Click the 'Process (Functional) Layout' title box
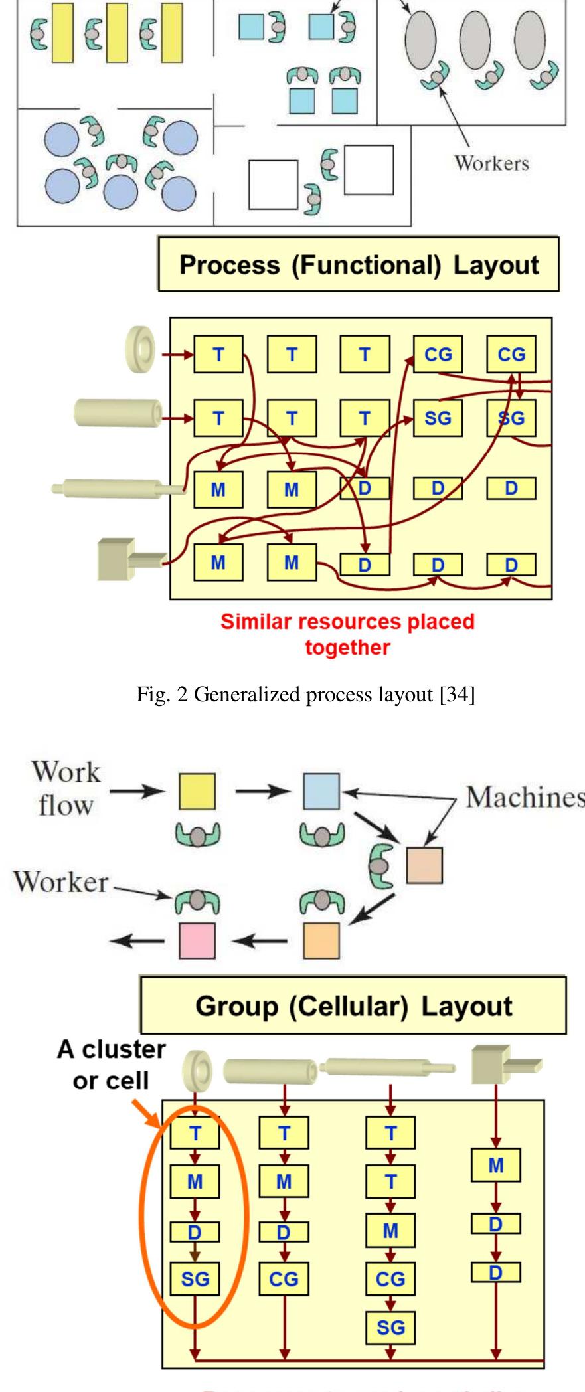358,264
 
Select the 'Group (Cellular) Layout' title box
353,1006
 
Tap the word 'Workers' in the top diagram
491,163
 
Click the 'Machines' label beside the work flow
525,797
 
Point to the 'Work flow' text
66,788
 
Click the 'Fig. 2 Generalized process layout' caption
305,694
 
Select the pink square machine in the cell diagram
197,940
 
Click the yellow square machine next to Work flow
197,790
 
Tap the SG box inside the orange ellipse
195,1279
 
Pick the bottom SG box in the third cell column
390,1327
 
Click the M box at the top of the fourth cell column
495,1165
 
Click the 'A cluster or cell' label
111,1065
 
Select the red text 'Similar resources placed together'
347,634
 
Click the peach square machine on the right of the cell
424,865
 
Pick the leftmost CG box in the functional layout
438,354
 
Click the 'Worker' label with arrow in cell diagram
60,882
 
